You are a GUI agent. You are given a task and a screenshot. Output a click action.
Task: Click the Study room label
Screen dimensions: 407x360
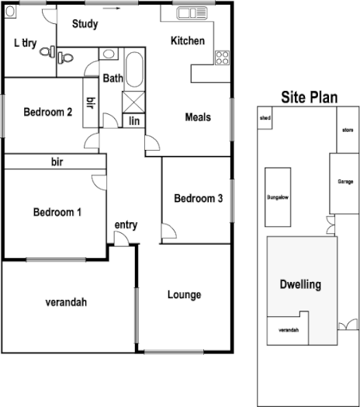click(85, 24)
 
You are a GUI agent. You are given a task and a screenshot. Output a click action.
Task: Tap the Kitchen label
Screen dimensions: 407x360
click(187, 40)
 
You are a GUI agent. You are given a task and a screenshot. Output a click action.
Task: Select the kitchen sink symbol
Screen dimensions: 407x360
click(189, 13)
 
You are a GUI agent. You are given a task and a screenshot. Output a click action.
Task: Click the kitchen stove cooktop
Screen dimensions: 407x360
click(222, 57)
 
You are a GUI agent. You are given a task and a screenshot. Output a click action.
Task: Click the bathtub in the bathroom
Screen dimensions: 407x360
click(133, 70)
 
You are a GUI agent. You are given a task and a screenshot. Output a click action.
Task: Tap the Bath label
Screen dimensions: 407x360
click(113, 78)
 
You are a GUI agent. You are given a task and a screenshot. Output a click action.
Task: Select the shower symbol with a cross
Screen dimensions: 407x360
click(133, 102)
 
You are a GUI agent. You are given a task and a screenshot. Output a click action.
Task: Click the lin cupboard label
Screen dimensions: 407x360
click(133, 120)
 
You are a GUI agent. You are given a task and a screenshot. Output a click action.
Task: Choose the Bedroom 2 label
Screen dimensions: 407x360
click(48, 112)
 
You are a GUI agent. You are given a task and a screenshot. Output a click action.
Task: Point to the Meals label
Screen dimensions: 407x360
click(198, 117)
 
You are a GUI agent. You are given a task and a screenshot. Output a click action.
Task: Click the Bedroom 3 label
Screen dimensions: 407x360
click(199, 199)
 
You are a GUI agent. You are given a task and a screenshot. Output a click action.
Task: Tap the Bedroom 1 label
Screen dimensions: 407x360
click(57, 212)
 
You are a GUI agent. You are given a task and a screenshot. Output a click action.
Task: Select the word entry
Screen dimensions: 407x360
click(126, 225)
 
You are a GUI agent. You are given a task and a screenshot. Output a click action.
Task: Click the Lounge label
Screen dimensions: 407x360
click(184, 295)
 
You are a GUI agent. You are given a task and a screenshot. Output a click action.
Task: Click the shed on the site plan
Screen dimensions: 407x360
click(265, 119)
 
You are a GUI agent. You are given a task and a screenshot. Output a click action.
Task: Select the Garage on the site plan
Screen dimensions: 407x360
click(344, 182)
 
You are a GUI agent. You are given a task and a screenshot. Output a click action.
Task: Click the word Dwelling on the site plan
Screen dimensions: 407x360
click(299, 284)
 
